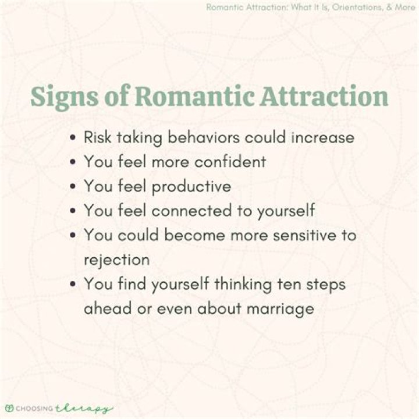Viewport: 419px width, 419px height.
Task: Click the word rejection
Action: (x=116, y=260)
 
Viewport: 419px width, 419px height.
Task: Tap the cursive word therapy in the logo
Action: (x=88, y=408)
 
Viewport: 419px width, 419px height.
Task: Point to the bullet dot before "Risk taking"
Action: (x=72, y=139)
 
